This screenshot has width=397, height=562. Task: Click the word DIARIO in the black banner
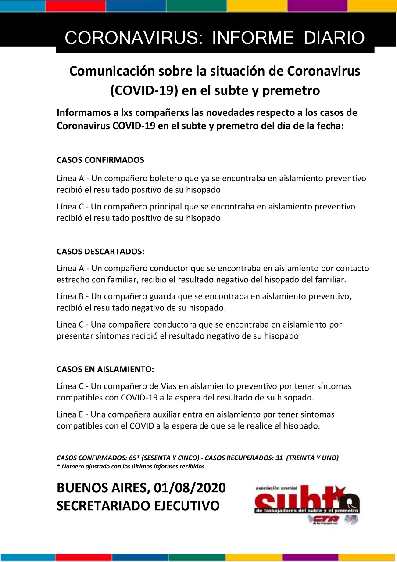[x=334, y=38]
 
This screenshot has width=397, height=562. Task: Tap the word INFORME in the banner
[x=253, y=38]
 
